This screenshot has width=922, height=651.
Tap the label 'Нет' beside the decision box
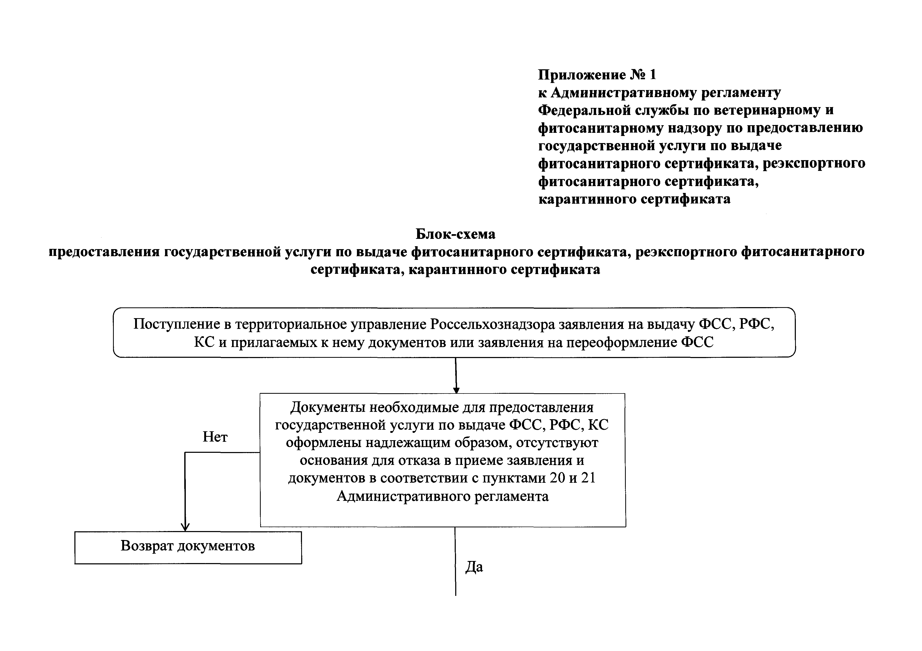click(215, 437)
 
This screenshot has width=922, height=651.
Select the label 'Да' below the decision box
click(474, 567)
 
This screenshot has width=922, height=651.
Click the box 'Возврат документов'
click(188, 548)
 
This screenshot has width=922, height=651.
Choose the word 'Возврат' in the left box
click(147, 546)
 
